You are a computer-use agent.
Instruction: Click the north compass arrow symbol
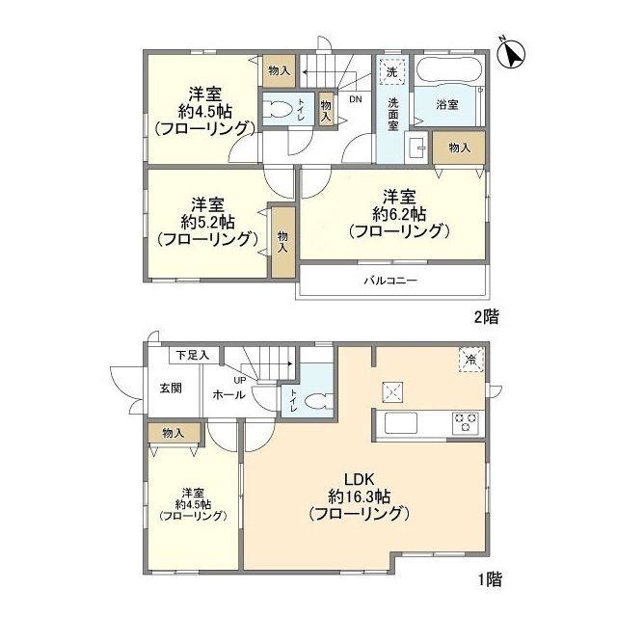[x=512, y=54]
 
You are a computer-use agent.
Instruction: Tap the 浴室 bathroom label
[x=447, y=105]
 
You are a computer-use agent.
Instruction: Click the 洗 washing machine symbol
[x=392, y=72]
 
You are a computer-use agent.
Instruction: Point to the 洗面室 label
[x=393, y=114]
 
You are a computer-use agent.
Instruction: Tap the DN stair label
[x=356, y=99]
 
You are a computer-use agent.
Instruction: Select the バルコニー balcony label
[x=390, y=281]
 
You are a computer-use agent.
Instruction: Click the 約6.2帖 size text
[x=399, y=214]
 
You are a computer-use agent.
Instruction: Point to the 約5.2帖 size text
[x=207, y=223]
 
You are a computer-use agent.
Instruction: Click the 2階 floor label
[x=486, y=317]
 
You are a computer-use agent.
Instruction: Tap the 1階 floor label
[x=490, y=579]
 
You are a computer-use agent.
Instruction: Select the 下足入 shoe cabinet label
[x=193, y=356]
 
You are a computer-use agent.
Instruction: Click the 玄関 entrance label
[x=172, y=389]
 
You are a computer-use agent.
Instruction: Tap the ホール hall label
[x=229, y=394]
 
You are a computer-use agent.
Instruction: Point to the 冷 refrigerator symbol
[x=470, y=360]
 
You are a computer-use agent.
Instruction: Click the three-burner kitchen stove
[x=466, y=423]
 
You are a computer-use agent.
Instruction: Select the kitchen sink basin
[x=401, y=423]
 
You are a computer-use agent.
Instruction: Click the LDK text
[x=359, y=479]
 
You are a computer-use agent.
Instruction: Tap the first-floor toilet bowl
[x=319, y=402]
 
